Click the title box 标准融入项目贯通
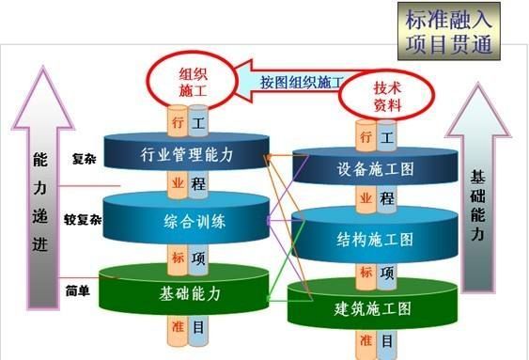point(449,31)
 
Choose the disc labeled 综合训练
point(188,222)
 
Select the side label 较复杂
point(83,222)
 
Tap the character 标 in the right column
point(364,272)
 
